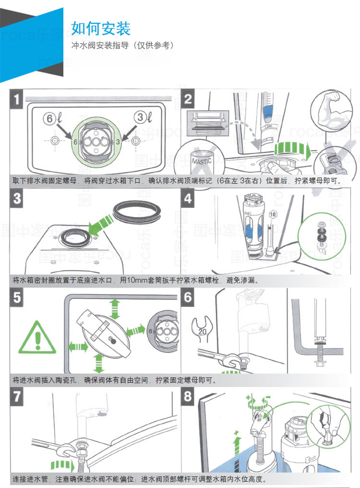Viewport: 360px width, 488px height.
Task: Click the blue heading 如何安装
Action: pyautogui.click(x=101, y=29)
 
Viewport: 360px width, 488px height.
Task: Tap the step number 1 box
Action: pyautogui.click(x=16, y=99)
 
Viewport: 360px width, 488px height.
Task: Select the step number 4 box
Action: pyautogui.click(x=188, y=198)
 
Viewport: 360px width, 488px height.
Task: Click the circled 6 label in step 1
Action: pyautogui.click(x=49, y=119)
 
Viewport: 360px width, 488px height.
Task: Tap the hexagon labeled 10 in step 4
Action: pyautogui.click(x=273, y=214)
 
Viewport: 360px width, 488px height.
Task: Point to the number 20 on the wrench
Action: pyautogui.click(x=202, y=332)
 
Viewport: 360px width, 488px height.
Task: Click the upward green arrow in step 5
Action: pyautogui.click(x=115, y=308)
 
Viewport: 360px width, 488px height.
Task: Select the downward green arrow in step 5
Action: pyautogui.click(x=99, y=363)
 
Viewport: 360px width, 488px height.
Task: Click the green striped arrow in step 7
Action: pyautogui.click(x=62, y=465)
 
